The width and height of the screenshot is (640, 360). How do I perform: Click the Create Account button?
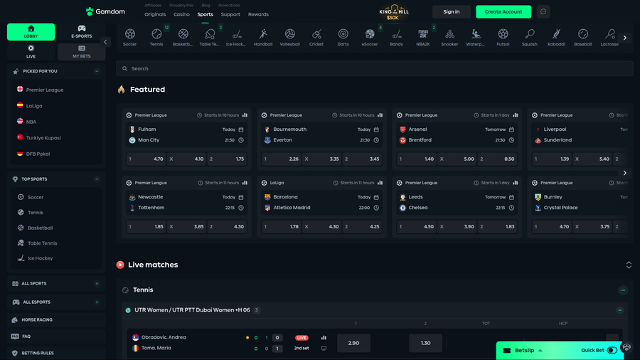click(x=503, y=11)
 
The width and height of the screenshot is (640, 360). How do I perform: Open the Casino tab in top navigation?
click(x=181, y=14)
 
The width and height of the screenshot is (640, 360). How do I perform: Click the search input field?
click(x=375, y=68)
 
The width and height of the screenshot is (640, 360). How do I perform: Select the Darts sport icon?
click(x=343, y=37)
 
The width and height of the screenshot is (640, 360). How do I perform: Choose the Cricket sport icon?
click(x=316, y=37)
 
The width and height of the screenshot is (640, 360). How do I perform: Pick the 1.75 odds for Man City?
click(x=227, y=159)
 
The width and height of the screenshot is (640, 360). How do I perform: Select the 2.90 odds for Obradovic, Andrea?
click(x=353, y=343)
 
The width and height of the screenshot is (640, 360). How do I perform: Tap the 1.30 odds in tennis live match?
click(x=425, y=343)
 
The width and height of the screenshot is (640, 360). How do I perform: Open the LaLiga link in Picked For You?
click(x=34, y=105)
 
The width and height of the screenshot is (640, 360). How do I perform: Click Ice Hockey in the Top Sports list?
click(x=40, y=258)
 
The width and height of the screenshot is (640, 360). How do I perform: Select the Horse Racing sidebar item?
click(x=37, y=320)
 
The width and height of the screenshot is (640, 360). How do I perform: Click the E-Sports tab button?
click(x=82, y=32)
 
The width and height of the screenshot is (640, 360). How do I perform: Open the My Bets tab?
click(x=82, y=51)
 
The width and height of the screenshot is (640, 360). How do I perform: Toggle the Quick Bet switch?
click(x=612, y=350)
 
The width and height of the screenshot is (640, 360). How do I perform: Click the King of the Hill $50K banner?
click(x=393, y=12)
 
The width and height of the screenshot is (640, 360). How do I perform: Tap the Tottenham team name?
click(x=151, y=208)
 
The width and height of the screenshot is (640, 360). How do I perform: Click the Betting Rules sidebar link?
click(x=38, y=353)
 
